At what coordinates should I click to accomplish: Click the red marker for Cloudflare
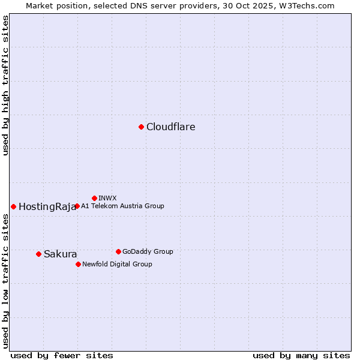coord(141,127)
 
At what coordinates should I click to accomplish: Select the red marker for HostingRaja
coord(13,206)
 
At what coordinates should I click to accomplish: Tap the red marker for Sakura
coord(38,254)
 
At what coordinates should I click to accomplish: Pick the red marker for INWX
coord(94,198)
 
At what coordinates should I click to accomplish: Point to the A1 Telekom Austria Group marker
coord(77,206)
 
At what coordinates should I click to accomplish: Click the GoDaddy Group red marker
coord(118,251)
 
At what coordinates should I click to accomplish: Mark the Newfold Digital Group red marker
coord(78,264)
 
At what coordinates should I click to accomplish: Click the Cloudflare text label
coord(171,127)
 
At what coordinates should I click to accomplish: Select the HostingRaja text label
coord(47,207)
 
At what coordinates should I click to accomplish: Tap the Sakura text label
coord(61,254)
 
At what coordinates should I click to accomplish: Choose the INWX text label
coord(107,198)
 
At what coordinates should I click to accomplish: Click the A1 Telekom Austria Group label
coord(122,206)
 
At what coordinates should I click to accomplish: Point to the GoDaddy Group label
coord(148,251)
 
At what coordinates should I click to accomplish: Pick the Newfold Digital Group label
coord(117,264)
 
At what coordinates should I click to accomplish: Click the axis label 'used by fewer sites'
coord(62,355)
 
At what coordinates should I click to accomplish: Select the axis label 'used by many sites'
coord(301,355)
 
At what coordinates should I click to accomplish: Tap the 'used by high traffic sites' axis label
coord(5,85)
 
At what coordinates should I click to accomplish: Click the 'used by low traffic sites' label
coord(5,281)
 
